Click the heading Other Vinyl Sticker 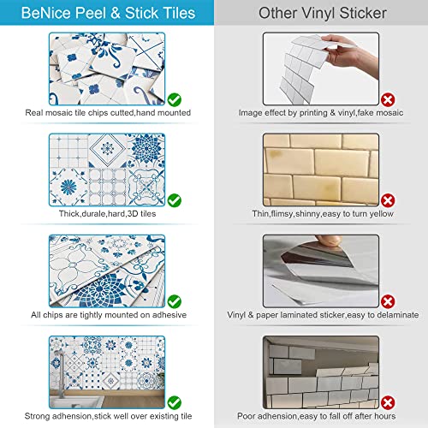click(x=322, y=14)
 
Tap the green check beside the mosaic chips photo click(x=175, y=100)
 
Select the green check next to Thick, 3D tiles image click(x=175, y=199)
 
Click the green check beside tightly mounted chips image click(x=175, y=300)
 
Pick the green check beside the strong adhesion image click(x=175, y=399)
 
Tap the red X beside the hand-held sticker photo click(x=387, y=100)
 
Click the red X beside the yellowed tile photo click(x=387, y=199)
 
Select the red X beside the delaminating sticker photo click(x=387, y=300)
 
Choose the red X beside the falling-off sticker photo click(x=387, y=399)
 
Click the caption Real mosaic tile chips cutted click(x=107, y=113)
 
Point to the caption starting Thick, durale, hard click(x=107, y=214)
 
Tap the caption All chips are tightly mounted click(x=107, y=315)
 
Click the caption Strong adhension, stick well click(x=107, y=414)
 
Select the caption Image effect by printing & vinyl click(x=322, y=113)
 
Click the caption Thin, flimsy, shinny click(x=322, y=214)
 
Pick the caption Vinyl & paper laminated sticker click(x=322, y=315)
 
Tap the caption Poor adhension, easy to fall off click(x=322, y=414)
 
